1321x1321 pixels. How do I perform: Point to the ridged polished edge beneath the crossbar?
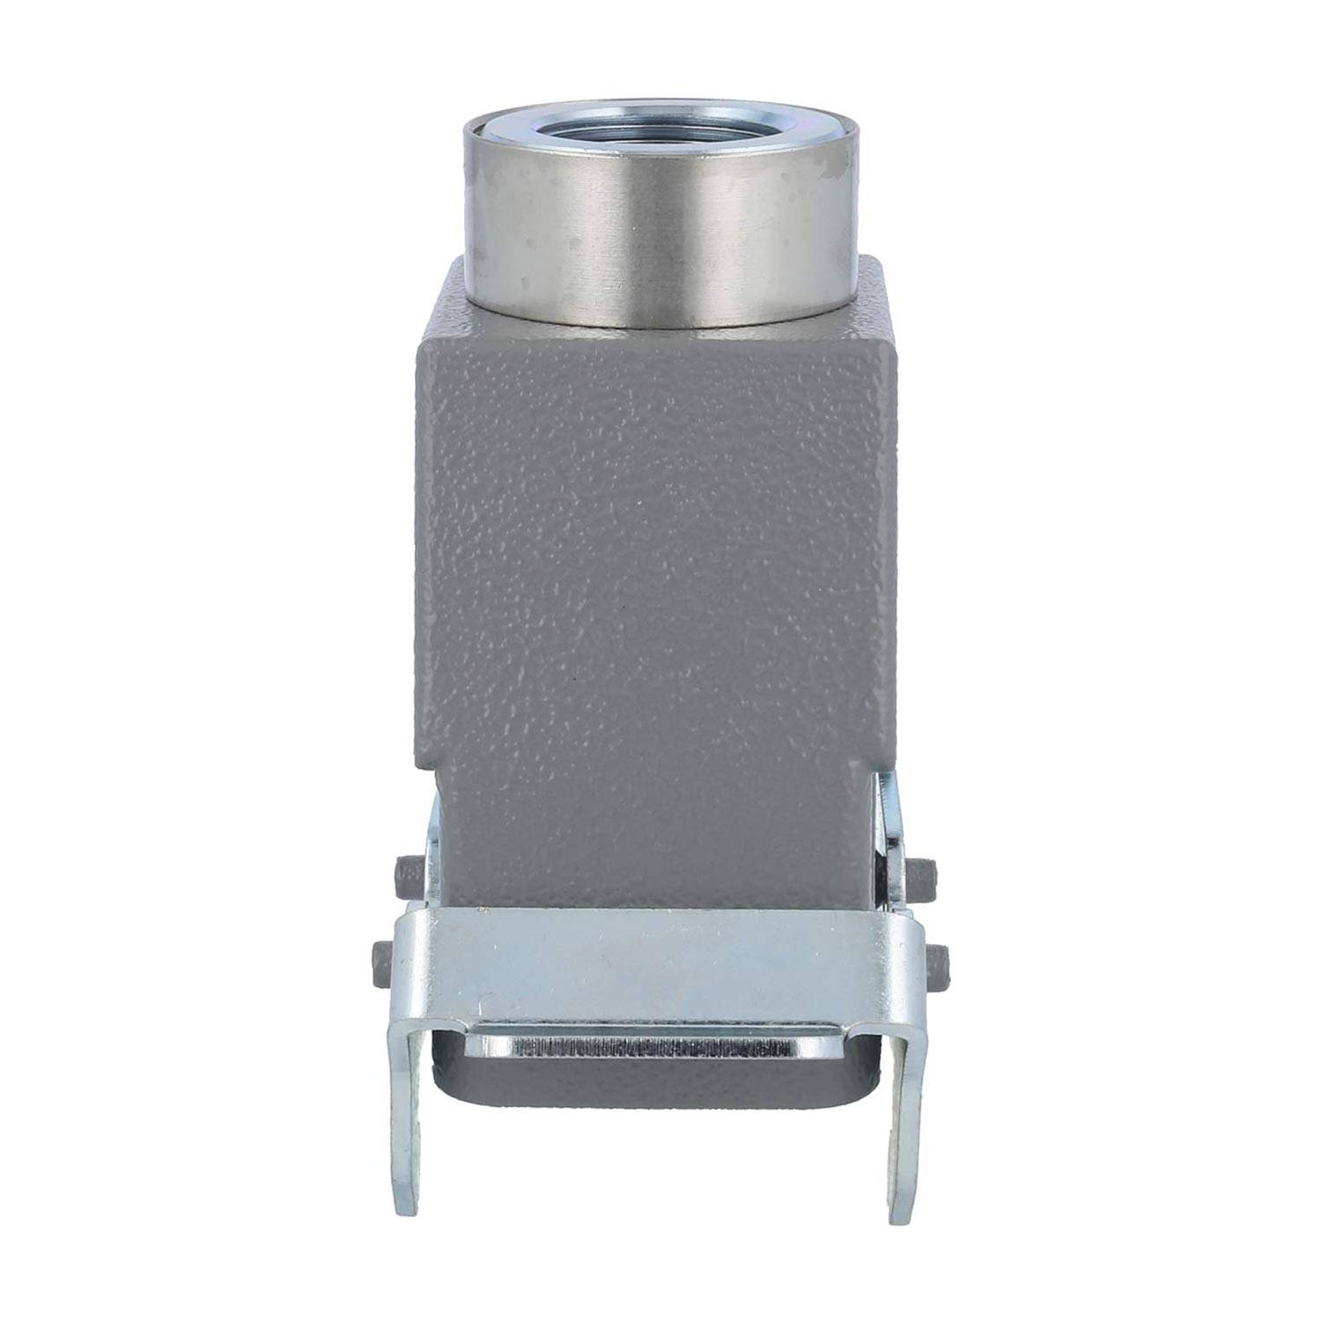coord(652,1048)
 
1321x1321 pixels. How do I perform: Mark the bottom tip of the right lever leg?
coord(900,1215)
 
